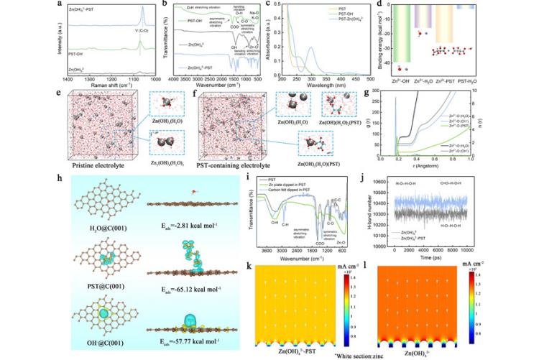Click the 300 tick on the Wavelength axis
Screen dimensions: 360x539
click(x=310, y=80)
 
